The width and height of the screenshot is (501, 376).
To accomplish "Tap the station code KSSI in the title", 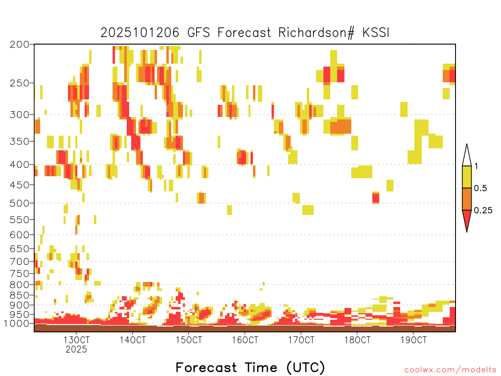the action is [376, 33].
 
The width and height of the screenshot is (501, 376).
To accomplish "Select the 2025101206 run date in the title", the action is [140, 33].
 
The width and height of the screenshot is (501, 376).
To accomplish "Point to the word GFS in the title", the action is [199, 33].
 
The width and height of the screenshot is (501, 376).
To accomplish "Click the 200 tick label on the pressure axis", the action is [19, 45].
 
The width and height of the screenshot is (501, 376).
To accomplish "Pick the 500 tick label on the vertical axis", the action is [19, 203].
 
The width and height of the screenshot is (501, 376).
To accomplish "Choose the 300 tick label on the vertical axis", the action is [19, 115].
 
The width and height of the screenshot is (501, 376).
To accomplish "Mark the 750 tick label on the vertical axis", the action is [19, 273].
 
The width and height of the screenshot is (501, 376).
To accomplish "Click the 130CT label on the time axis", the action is [76, 340].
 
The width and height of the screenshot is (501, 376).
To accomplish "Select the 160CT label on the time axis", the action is [245, 340].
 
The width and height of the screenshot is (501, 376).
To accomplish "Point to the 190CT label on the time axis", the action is [413, 340].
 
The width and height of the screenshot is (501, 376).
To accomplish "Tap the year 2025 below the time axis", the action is [76, 349].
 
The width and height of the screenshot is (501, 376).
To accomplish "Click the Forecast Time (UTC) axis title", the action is [250, 368].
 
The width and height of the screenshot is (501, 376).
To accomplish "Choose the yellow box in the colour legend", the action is [467, 177].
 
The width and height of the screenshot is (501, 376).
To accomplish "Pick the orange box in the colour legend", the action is [467, 199].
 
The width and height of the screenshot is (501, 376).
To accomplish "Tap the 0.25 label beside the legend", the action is [483, 211].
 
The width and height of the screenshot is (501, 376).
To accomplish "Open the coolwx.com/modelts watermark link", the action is [450, 370].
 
